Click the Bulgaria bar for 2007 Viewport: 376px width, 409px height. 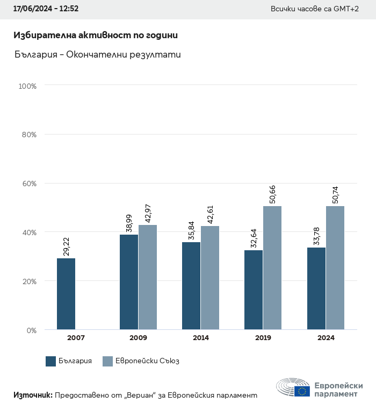tap(66, 294)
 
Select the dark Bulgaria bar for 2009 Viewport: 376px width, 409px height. tap(129, 282)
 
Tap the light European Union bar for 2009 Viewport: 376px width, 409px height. tap(148, 277)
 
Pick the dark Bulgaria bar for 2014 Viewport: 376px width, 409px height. tap(191, 286)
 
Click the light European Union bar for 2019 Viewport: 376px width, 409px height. tap(272, 267)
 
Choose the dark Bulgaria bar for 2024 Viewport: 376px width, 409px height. tap(316, 288)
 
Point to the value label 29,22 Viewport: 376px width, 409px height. tap(67, 246)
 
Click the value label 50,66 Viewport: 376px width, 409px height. tap(272, 194)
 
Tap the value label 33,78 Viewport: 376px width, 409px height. tap(316, 236)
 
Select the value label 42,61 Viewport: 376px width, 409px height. tap(210, 214)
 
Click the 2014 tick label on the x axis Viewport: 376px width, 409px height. tap(201, 338)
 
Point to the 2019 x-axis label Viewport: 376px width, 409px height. tap(263, 338)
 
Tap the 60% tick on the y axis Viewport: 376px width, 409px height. tap(28, 184)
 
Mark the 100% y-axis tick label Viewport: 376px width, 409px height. tap(27, 86)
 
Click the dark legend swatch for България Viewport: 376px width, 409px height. tap(51, 361)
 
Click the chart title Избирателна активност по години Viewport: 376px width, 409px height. tap(96, 35)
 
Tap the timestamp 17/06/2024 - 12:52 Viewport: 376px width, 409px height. tap(46, 9)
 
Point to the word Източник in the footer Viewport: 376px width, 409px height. tap(33, 395)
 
